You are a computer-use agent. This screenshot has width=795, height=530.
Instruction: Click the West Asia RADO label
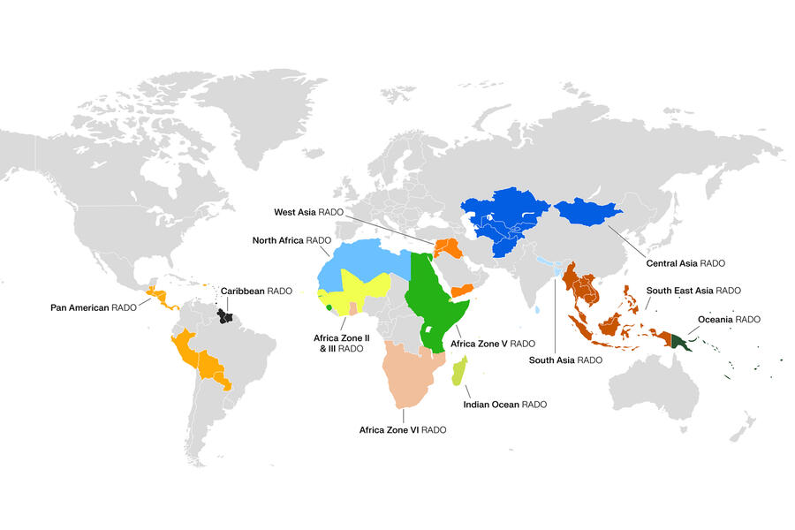308,212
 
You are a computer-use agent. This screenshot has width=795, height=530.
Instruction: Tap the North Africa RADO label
291,239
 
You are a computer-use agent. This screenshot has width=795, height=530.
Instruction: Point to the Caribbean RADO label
256,291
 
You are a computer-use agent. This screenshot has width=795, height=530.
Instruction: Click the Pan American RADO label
93,307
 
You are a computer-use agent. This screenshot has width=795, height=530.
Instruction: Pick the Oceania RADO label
730,319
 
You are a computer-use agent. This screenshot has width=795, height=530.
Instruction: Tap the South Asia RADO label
565,360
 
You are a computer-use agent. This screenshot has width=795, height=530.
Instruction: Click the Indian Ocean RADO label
505,404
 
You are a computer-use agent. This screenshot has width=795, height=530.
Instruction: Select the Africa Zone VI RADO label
402,429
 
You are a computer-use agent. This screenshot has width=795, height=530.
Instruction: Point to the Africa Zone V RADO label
493,343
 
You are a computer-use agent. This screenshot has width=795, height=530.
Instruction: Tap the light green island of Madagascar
460,372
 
